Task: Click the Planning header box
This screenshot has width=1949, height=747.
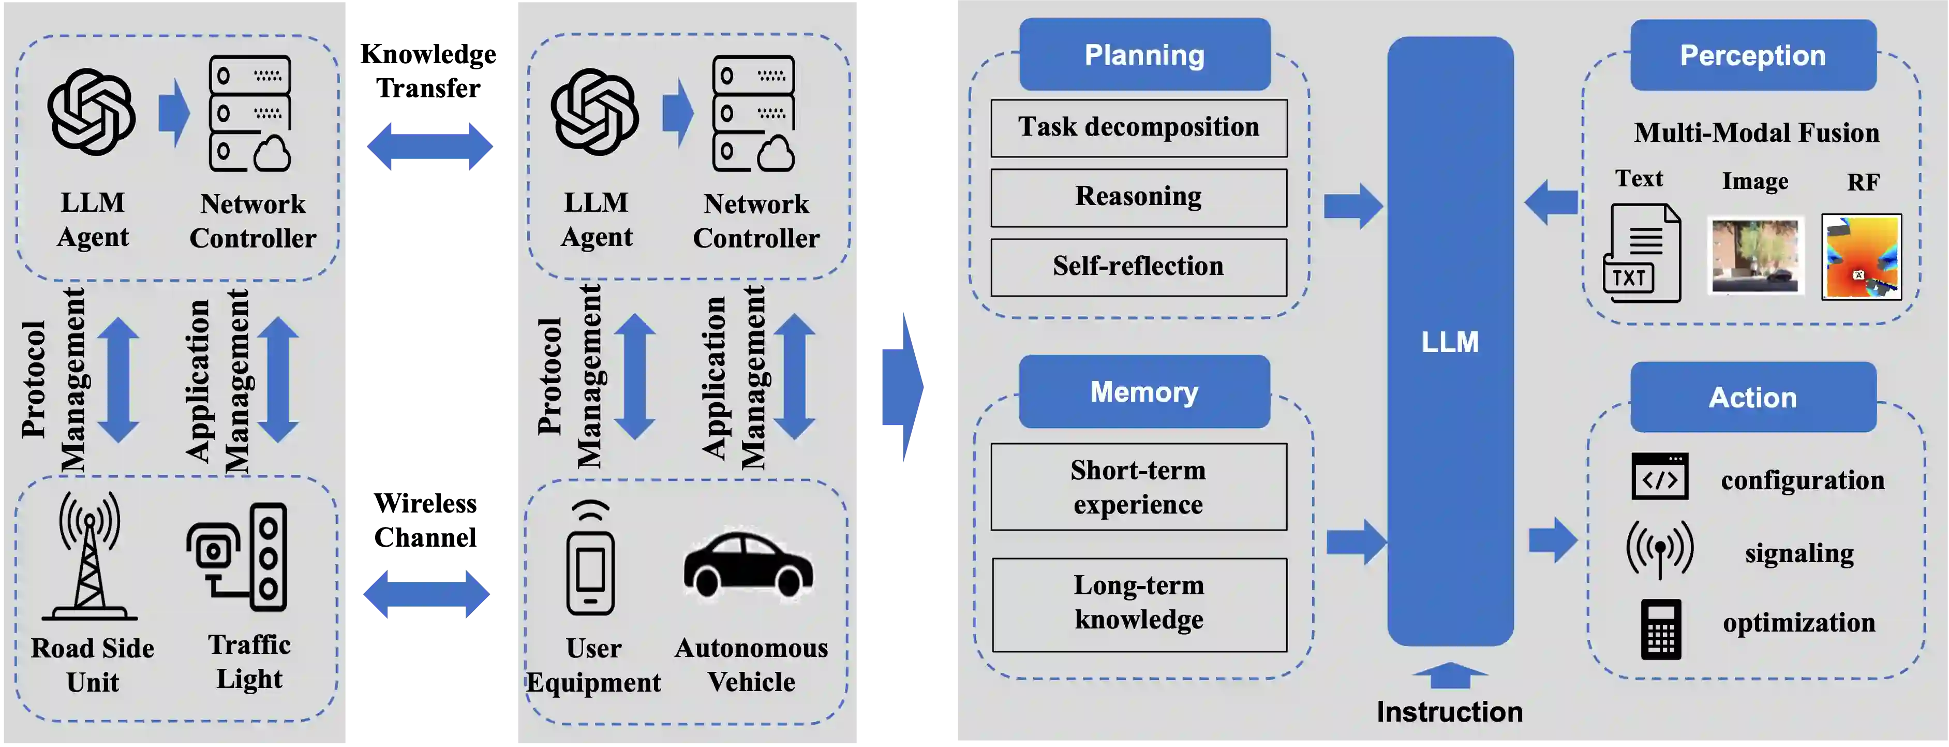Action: (x=1144, y=54)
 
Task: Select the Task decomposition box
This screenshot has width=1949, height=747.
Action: (x=1139, y=128)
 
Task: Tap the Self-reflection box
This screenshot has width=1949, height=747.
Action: (x=1139, y=267)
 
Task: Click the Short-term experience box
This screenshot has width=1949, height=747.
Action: (x=1139, y=487)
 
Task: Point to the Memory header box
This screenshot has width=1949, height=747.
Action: (x=1144, y=391)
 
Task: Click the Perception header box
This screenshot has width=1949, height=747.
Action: (x=1752, y=55)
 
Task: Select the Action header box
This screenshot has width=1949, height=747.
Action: (x=1752, y=398)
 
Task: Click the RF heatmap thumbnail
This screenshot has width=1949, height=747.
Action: (x=1861, y=257)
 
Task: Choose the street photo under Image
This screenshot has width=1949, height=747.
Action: (x=1754, y=256)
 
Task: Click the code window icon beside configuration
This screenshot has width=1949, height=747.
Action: (x=1659, y=476)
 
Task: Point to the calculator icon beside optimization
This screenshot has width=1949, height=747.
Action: (x=1661, y=629)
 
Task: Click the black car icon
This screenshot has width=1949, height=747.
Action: (x=748, y=564)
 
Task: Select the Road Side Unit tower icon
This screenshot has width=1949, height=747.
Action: (x=90, y=556)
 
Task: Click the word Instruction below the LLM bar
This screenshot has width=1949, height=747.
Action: (x=1449, y=711)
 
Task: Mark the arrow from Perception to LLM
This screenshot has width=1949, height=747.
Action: (x=1551, y=202)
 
